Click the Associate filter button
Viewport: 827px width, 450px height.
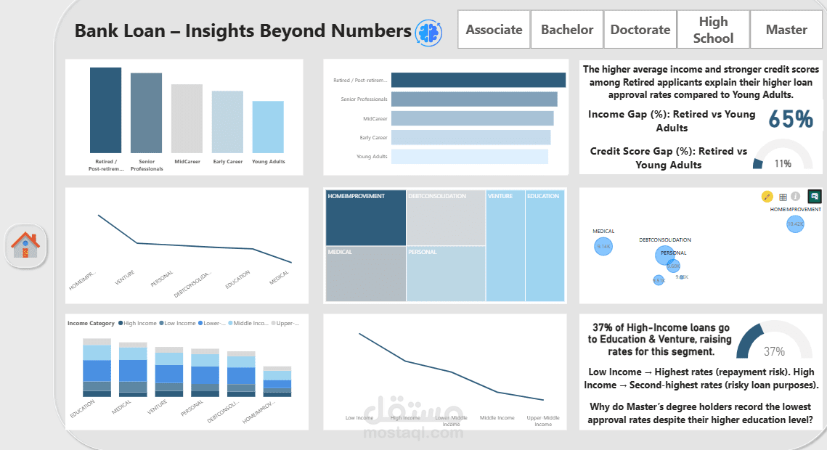[x=494, y=30]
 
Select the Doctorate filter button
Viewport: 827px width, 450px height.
[x=640, y=30]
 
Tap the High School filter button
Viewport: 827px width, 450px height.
[x=713, y=30]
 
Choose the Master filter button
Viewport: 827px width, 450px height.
[x=786, y=30]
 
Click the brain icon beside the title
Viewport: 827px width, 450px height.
[x=428, y=31]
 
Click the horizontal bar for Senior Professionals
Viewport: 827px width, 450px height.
[x=474, y=99]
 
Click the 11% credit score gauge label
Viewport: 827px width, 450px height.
[x=783, y=163]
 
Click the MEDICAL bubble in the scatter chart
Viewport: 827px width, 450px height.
[x=603, y=247]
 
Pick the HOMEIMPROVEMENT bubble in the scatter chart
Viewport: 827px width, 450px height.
[x=795, y=224]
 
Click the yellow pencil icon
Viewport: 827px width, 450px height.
[x=767, y=197]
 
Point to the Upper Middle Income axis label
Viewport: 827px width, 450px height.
[x=542, y=421]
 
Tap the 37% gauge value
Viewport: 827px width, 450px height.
[x=774, y=351]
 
